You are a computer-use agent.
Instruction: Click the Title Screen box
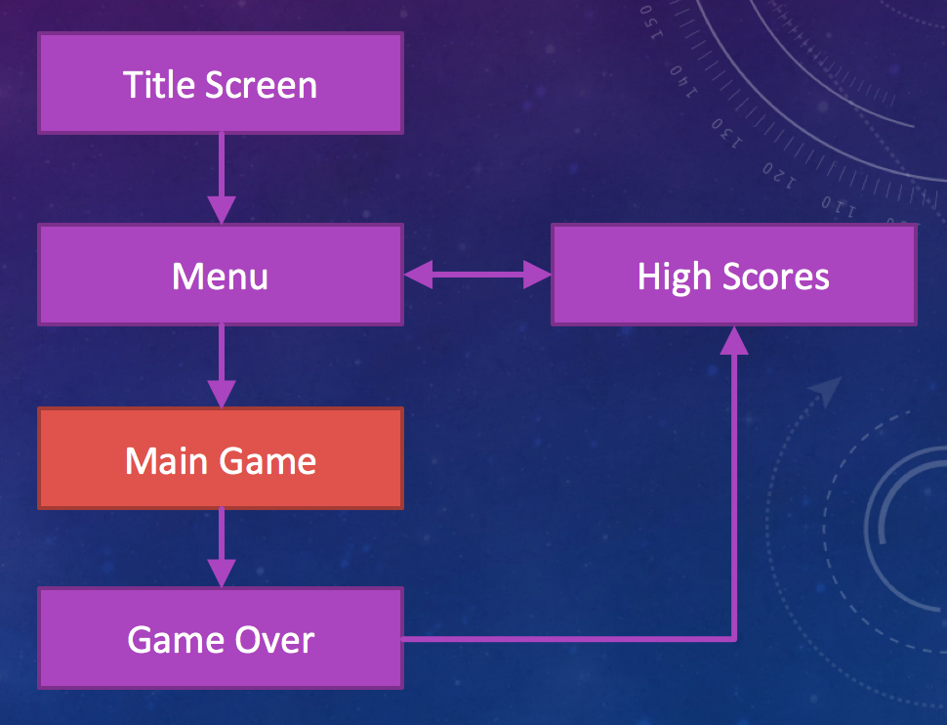click(220, 84)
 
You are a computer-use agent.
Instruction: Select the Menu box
click(220, 275)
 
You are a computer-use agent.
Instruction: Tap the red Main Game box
click(220, 458)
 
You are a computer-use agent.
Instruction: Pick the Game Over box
click(220, 639)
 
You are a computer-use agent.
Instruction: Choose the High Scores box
click(733, 275)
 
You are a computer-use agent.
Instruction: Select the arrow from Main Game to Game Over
click(222, 547)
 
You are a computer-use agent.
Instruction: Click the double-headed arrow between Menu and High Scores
click(477, 276)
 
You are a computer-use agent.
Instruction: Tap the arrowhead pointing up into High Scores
click(734, 339)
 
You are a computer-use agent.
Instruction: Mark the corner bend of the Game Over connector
click(734, 639)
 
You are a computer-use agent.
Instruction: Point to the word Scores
click(776, 277)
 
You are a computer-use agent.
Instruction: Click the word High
click(674, 277)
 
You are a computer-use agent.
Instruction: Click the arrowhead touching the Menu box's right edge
click(418, 276)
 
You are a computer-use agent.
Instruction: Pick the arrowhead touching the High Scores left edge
click(538, 276)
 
